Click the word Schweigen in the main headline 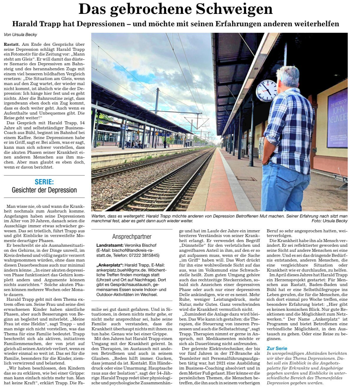(234, 9)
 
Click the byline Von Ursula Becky (20, 35)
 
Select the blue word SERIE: (44, 182)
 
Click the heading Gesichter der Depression (44, 190)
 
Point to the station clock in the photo (267, 90)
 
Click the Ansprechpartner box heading (132, 237)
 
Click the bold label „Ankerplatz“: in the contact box (109, 265)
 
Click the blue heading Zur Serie (277, 348)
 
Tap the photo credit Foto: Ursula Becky (329, 221)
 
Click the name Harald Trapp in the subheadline (37, 24)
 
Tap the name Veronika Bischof (140, 245)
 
